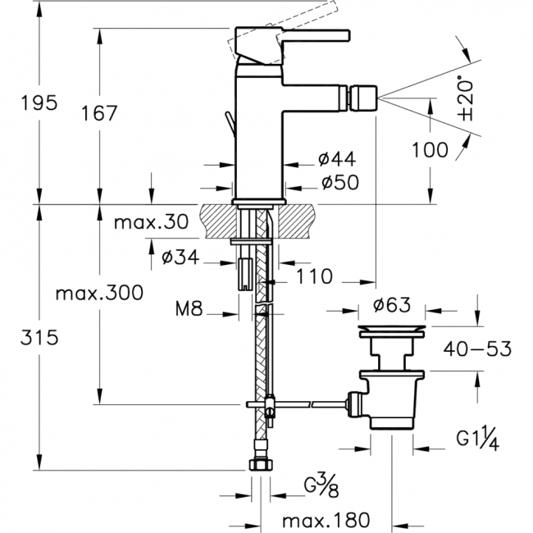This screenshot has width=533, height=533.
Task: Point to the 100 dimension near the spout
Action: tap(430, 149)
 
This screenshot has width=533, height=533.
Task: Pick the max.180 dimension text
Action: tap(326, 519)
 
